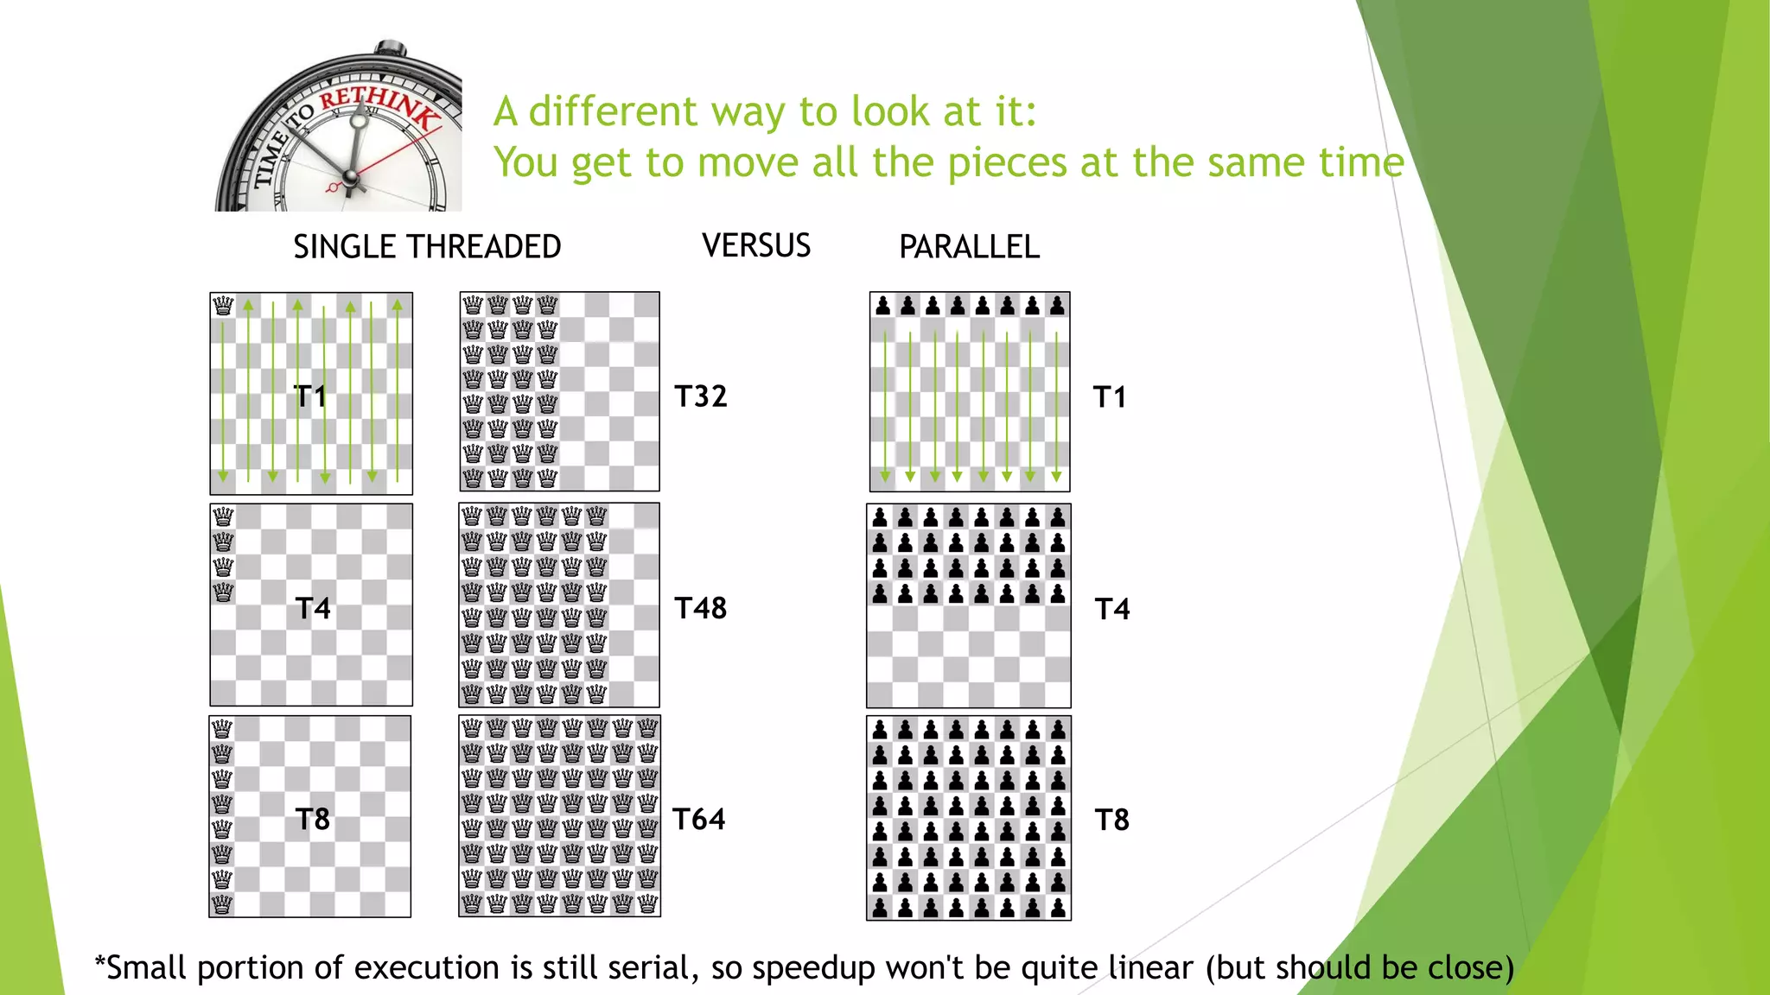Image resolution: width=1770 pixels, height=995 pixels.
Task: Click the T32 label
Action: (x=701, y=396)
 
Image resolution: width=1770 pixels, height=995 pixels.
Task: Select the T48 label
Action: (x=701, y=608)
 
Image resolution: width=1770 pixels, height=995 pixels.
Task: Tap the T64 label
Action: (x=699, y=819)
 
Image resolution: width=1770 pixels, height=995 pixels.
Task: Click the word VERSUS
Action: (x=756, y=246)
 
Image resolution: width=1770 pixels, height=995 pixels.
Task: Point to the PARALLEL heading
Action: (x=969, y=247)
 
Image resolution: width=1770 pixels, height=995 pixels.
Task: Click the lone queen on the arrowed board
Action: (x=223, y=306)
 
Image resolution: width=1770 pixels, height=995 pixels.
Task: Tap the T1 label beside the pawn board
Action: (x=1110, y=397)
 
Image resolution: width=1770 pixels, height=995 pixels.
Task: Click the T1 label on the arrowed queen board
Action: (x=310, y=396)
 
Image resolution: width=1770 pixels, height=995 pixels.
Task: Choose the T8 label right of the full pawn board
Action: (x=1112, y=820)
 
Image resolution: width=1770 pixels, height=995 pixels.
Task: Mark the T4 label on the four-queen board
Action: (x=313, y=608)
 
